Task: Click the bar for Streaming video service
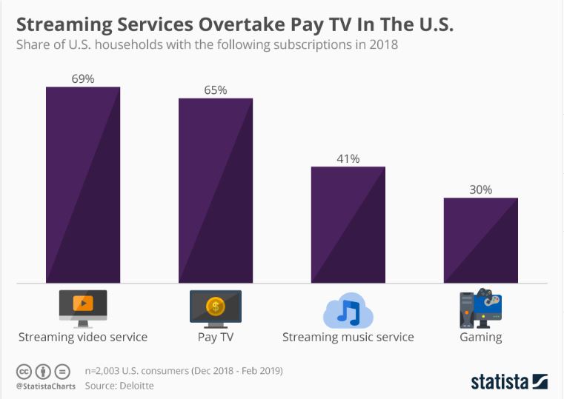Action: [83, 185]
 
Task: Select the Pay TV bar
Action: [216, 190]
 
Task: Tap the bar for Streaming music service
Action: [348, 224]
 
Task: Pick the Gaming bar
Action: [480, 240]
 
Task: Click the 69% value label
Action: [83, 78]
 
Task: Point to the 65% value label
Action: [216, 90]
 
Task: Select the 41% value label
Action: [348, 158]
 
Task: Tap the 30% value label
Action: [480, 190]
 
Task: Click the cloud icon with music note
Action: [347, 310]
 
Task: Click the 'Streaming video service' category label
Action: [83, 337]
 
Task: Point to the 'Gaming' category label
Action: [480, 337]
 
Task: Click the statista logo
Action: [509, 381]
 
